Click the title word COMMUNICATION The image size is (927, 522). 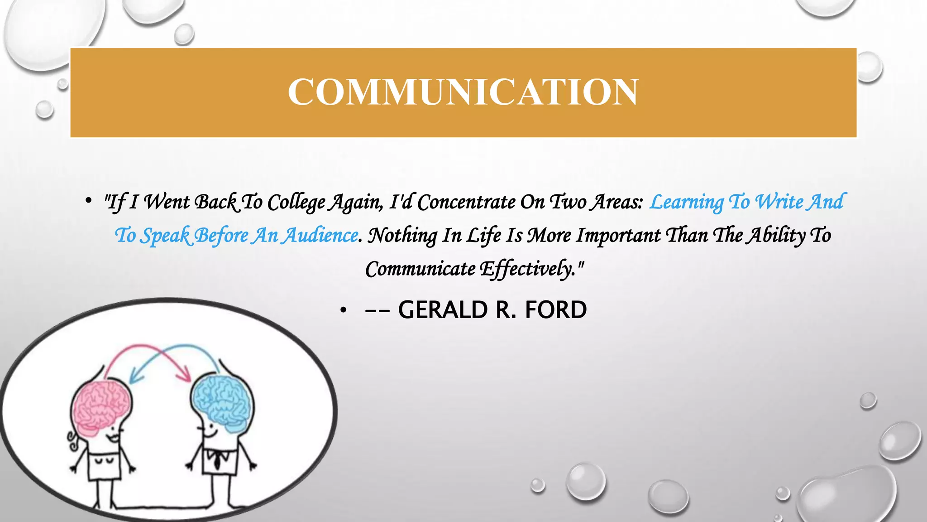pos(463,92)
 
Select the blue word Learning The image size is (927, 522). pos(686,203)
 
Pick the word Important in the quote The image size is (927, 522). pos(618,236)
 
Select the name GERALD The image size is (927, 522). pos(443,310)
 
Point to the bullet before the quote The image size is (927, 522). pos(89,201)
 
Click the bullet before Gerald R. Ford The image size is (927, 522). pos(344,310)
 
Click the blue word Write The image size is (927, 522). pos(779,203)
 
